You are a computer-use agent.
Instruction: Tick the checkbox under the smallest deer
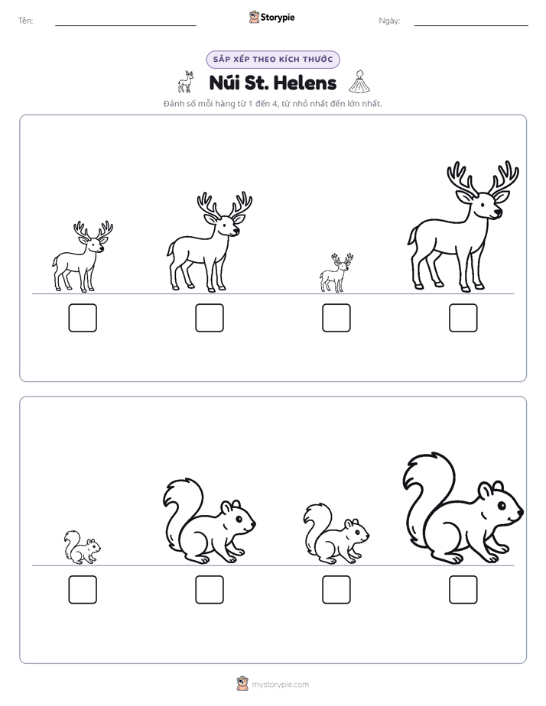coord(336,318)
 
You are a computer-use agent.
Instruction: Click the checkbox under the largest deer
coord(463,318)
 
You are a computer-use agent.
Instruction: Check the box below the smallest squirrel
coord(83,589)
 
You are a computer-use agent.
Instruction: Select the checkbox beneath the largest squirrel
coord(463,589)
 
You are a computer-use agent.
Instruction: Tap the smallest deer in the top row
coord(336,273)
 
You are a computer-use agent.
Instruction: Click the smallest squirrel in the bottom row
coord(82,547)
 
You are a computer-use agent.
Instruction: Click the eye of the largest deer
coord(483,204)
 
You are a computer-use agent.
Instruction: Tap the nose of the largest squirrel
coord(521,512)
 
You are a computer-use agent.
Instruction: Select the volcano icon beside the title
coord(359,82)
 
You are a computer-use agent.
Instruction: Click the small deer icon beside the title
coord(186,82)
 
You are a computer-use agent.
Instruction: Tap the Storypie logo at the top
coord(271,17)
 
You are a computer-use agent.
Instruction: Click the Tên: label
coord(25,21)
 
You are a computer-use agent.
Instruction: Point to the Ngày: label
coord(389,21)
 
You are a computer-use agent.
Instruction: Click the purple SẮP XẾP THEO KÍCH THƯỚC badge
coord(273,60)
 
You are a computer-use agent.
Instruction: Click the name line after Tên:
coord(125,25)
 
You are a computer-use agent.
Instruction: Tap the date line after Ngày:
coord(471,25)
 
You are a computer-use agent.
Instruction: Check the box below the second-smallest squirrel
coord(336,589)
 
